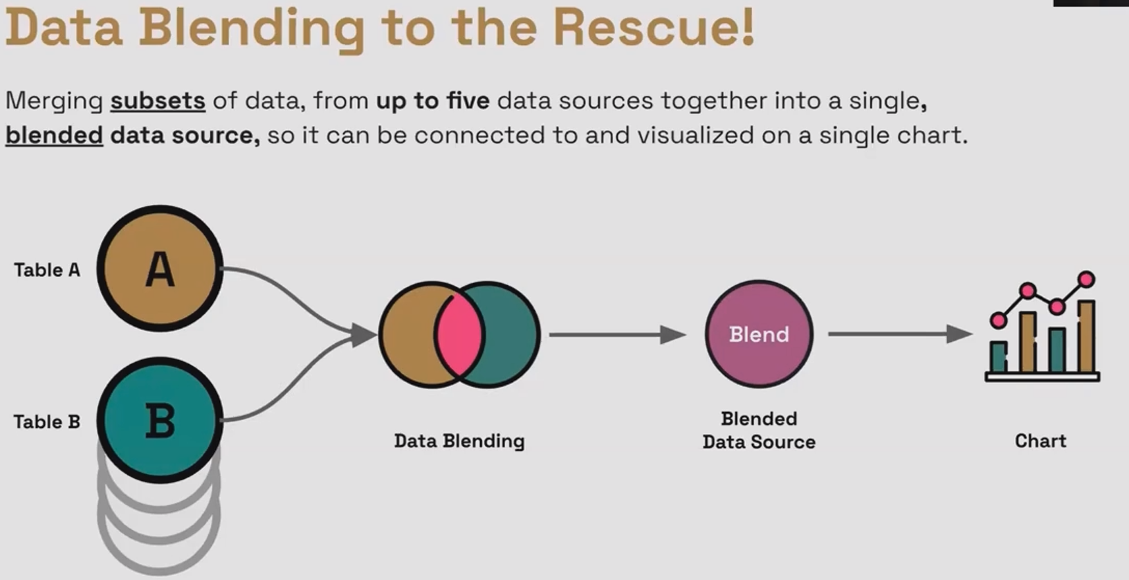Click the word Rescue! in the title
click(x=653, y=28)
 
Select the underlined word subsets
click(x=158, y=101)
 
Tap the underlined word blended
click(x=54, y=135)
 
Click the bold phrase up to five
click(x=432, y=101)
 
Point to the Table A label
click(x=47, y=270)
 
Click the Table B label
click(x=47, y=422)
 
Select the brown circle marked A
click(x=160, y=268)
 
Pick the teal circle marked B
click(x=160, y=419)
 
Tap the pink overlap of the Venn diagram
click(x=459, y=334)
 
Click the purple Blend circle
click(x=759, y=334)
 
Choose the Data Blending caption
click(x=459, y=441)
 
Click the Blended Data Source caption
click(x=759, y=430)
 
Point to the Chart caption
click(x=1040, y=441)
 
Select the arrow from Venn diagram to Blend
click(x=616, y=335)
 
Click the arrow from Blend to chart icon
click(x=899, y=334)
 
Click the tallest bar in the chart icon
click(x=1086, y=336)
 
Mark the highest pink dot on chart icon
click(x=1086, y=280)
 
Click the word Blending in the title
click(x=252, y=28)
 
